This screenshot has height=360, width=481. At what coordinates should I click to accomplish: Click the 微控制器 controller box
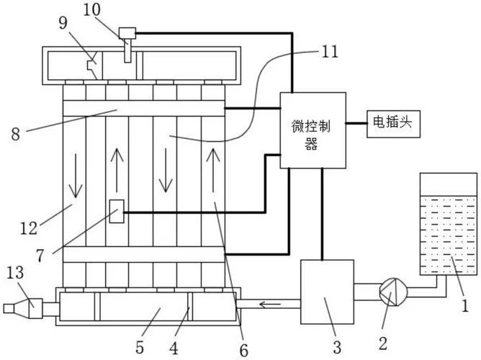click(313, 130)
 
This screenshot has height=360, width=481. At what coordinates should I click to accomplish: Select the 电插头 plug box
click(394, 124)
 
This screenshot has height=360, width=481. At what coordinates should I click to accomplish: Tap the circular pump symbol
click(394, 292)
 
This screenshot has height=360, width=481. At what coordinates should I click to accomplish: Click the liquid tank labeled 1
click(448, 224)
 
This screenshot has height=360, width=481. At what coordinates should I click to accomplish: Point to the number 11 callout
click(330, 52)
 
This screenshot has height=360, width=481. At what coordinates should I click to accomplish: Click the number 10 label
click(91, 9)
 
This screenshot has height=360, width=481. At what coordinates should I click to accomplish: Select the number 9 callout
click(63, 23)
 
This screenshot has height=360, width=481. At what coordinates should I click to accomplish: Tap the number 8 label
click(16, 134)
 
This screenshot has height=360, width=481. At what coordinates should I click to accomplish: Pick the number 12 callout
click(29, 228)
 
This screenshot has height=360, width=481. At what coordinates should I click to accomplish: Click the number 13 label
click(14, 272)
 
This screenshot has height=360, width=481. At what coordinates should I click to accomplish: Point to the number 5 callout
click(140, 348)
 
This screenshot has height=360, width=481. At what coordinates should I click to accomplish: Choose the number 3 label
click(337, 347)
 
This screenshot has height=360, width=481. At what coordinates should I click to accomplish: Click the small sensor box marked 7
click(117, 211)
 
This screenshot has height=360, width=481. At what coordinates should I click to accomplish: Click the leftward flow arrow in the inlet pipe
click(270, 305)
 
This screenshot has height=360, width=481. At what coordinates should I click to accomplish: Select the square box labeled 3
click(327, 292)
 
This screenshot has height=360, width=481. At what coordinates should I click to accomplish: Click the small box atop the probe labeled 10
click(127, 33)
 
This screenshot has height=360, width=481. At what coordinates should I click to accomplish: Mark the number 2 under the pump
click(383, 343)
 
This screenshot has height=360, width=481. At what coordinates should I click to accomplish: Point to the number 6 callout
click(243, 350)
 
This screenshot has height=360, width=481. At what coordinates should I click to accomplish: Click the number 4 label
click(174, 348)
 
